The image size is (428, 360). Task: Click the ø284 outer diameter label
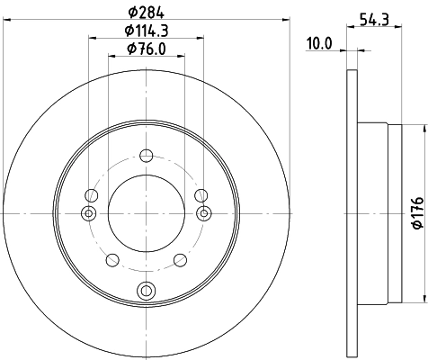click(147, 12)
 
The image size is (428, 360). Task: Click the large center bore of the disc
click(146, 213)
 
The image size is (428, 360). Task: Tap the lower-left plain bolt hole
click(112, 259)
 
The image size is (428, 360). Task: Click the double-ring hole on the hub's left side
click(88, 213)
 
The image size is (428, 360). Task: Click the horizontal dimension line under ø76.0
click(146, 56)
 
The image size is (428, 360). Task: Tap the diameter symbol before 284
click(131, 12)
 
